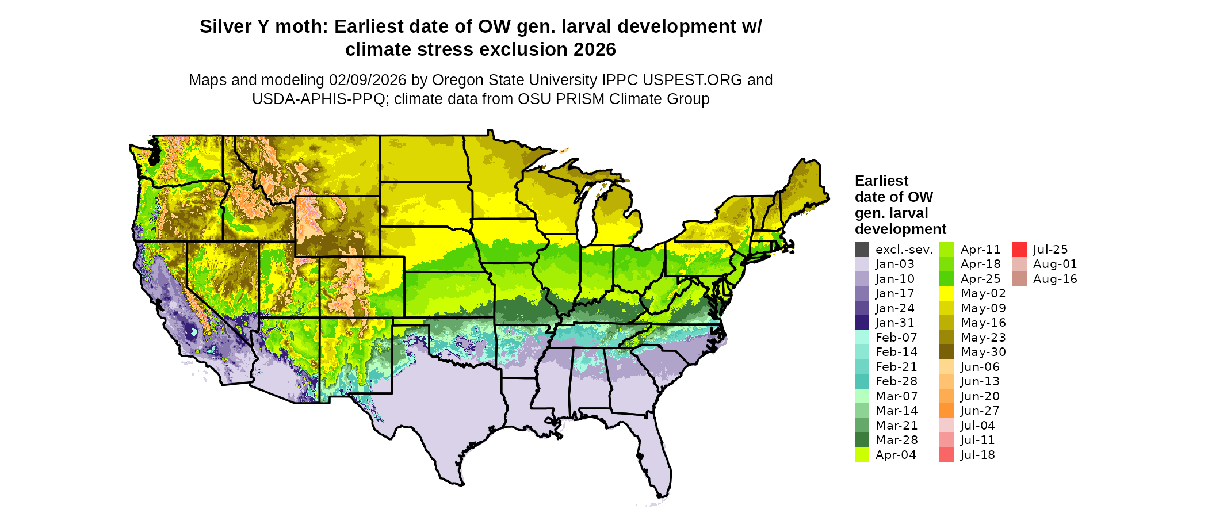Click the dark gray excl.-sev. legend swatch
pyautogui.click(x=862, y=250)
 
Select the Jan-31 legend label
pyautogui.click(x=894, y=323)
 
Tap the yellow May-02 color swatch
pyautogui.click(x=946, y=293)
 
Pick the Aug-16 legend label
pyautogui.click(x=1054, y=279)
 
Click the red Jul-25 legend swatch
pyautogui.click(x=1019, y=250)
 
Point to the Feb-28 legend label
pyautogui.click(x=896, y=381)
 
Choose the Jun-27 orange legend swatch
pyautogui.click(x=946, y=411)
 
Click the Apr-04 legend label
pyautogui.click(x=896, y=455)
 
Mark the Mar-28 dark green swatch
pyautogui.click(x=862, y=440)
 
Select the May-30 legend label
pyautogui.click(x=983, y=352)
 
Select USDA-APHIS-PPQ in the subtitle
pyautogui.click(x=319, y=99)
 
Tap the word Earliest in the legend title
pyautogui.click(x=881, y=181)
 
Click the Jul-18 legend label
pyautogui.click(x=977, y=455)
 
